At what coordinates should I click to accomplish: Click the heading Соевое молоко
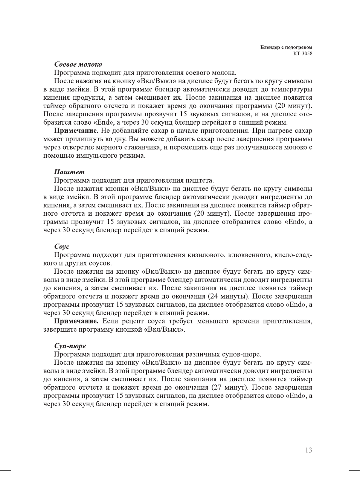coord(78,64)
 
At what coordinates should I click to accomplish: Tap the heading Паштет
coord(69,172)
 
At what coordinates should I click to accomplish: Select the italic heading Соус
coord(62,247)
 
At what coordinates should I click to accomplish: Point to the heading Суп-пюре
coord(70,346)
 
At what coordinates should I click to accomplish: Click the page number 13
coord(308,450)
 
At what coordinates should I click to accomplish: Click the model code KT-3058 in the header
coord(303,53)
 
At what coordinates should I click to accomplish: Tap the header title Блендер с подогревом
coord(286,47)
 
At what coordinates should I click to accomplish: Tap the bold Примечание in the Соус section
coord(76,321)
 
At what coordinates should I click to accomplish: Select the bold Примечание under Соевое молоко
coord(76,131)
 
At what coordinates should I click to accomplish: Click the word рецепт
coord(132,321)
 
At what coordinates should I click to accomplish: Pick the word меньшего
coord(213,321)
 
